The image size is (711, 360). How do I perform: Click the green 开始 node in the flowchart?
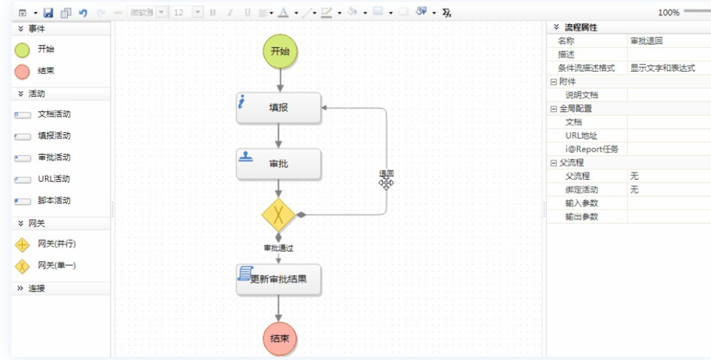point(280,51)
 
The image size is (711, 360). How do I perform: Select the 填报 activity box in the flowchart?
point(278,108)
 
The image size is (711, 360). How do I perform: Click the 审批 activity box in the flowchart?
point(278,164)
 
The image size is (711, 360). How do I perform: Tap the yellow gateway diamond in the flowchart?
point(278,215)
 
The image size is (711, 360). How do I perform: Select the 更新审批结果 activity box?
point(278,279)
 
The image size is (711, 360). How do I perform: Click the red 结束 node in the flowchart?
point(279,339)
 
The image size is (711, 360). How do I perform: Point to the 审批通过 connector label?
point(278,248)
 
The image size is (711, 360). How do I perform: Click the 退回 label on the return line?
point(386,174)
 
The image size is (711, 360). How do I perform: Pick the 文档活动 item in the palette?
point(53,115)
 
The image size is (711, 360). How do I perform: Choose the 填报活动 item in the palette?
point(53,136)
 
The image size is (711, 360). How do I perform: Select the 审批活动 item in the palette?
point(53,158)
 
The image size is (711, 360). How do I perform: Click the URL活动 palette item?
point(53,179)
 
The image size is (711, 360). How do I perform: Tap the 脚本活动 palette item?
point(53,201)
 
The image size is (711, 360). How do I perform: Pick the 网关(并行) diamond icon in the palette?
point(22,245)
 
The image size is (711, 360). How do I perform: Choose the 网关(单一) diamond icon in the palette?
point(22,266)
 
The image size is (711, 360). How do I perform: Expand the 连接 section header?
point(37,289)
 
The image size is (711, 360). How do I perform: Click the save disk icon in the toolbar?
point(48,13)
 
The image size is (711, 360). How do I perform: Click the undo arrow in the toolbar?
point(83,13)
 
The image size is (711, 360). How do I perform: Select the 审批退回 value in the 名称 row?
point(646,41)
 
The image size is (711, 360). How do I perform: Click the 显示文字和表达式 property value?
point(662,68)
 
